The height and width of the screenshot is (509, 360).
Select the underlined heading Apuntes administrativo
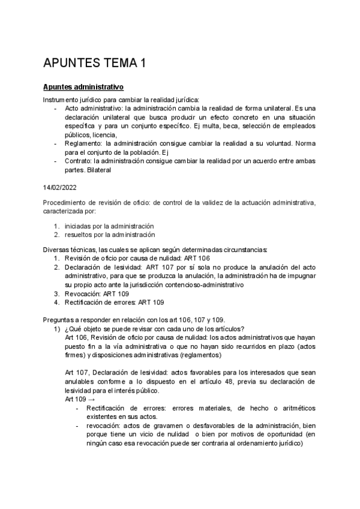point(83,87)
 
